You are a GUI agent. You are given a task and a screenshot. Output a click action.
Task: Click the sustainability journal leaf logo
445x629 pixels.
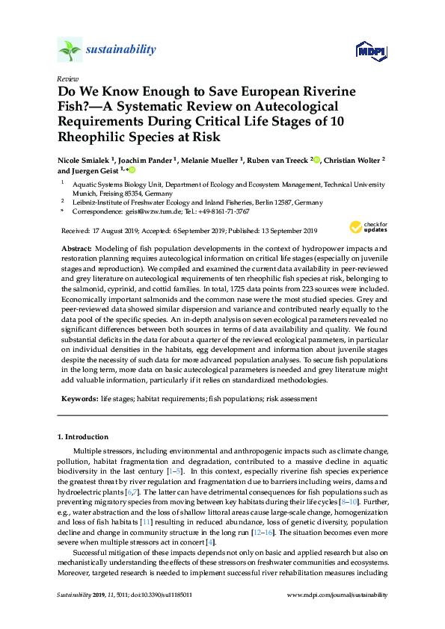pyautogui.click(x=70, y=49)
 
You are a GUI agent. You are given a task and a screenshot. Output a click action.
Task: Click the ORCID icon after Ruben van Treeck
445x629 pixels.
pyautogui.click(x=316, y=159)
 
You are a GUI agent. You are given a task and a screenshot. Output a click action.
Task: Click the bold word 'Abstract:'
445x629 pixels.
pyautogui.click(x=79, y=248)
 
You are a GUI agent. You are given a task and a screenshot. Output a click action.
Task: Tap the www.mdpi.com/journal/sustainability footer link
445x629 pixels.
pyautogui.click(x=337, y=616)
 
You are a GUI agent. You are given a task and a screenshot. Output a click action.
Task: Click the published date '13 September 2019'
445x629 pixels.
pyautogui.click(x=283, y=230)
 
